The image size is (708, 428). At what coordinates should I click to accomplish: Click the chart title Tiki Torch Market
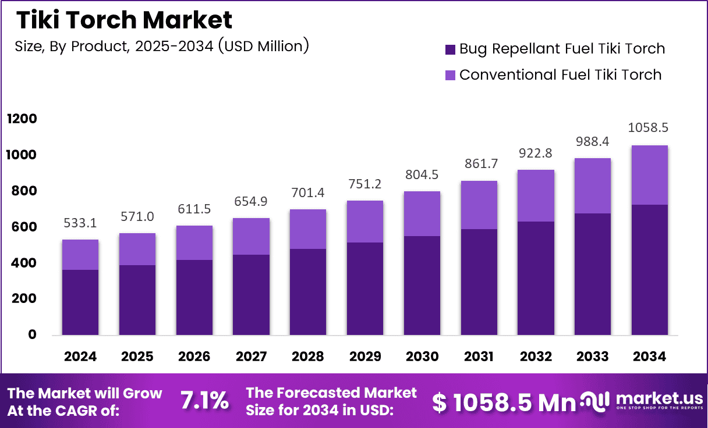[x=124, y=20]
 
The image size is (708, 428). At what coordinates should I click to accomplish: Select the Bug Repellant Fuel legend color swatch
[x=450, y=49]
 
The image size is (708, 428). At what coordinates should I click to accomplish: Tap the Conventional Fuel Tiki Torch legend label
[x=560, y=74]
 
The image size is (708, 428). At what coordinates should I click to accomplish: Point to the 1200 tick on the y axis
[x=22, y=119]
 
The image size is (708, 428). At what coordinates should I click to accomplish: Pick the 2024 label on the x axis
[x=80, y=356]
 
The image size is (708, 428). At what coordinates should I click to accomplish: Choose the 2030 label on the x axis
[x=423, y=356]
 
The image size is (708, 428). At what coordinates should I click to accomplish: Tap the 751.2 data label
[x=366, y=184]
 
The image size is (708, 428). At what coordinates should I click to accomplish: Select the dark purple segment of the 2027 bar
[x=252, y=295]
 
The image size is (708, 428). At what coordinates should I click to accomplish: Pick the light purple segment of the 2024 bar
[x=80, y=255]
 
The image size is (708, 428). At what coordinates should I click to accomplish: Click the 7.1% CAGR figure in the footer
[x=204, y=401]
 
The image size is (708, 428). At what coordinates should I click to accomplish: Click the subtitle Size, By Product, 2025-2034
[x=161, y=46]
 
